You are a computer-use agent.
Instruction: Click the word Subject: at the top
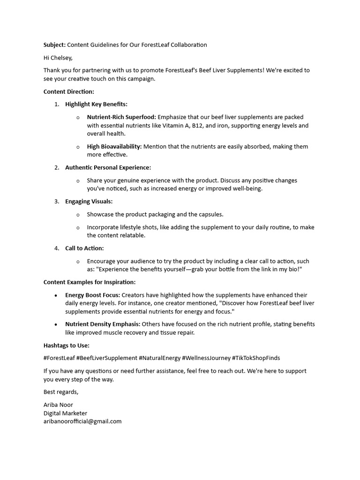click(x=54, y=45)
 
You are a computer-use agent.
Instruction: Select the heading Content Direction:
click(x=69, y=92)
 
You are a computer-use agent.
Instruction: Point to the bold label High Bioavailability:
click(x=114, y=147)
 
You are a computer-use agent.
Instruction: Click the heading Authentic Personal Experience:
click(x=108, y=167)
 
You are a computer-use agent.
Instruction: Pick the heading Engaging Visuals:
click(x=89, y=202)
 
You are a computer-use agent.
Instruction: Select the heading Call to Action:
click(x=84, y=248)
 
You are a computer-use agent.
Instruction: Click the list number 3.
click(x=56, y=202)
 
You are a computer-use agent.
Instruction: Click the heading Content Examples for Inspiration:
click(x=90, y=282)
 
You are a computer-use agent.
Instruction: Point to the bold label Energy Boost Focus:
click(x=93, y=295)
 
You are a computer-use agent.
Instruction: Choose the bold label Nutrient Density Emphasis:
click(x=103, y=324)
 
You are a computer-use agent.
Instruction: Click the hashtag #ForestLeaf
click(x=59, y=358)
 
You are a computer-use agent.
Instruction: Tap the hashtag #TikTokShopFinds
click(x=256, y=358)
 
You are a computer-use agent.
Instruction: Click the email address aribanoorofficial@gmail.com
click(x=82, y=421)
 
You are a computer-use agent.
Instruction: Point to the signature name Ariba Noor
click(x=58, y=405)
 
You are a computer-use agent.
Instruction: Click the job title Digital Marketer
click(x=65, y=413)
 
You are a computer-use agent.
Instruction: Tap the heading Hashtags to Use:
click(x=67, y=346)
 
